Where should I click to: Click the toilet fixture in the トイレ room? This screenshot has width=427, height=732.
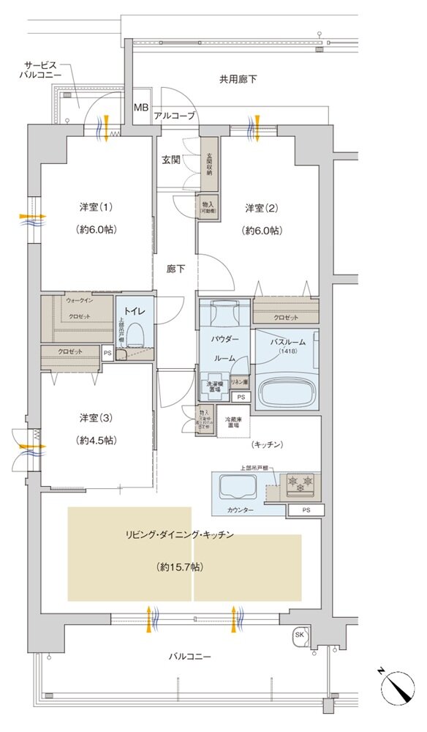pyautogui.click(x=135, y=337)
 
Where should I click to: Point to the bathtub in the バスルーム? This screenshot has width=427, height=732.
pyautogui.click(x=286, y=392)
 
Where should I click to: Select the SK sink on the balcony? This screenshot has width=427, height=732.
pyautogui.click(x=300, y=635)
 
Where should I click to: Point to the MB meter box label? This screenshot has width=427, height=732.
pyautogui.click(x=140, y=108)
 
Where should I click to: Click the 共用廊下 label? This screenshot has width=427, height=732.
pyautogui.click(x=238, y=78)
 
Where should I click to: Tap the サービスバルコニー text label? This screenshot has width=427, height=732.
pyautogui.click(x=41, y=70)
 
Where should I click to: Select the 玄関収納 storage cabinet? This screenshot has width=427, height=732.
pyautogui.click(x=209, y=165)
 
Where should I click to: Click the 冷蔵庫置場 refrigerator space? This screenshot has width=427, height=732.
pyautogui.click(x=233, y=422)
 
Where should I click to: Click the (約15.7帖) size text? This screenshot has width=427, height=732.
pyautogui.click(x=179, y=567)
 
